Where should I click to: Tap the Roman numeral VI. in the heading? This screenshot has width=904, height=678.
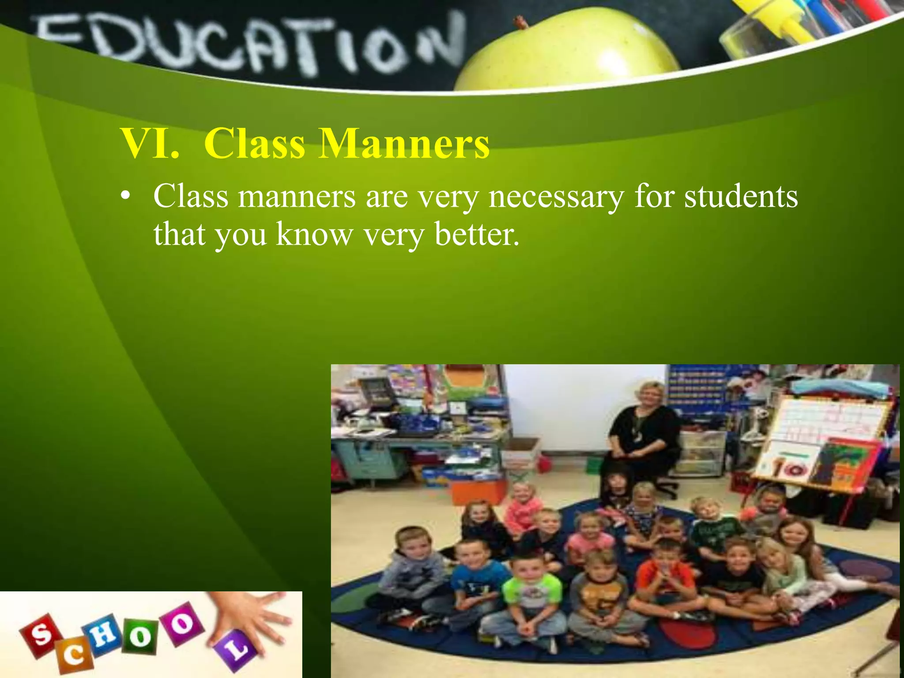150,144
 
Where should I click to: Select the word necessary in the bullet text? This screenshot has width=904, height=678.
556,197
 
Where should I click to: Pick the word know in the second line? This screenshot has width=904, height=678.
315,234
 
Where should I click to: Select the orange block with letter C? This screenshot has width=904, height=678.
73,657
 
